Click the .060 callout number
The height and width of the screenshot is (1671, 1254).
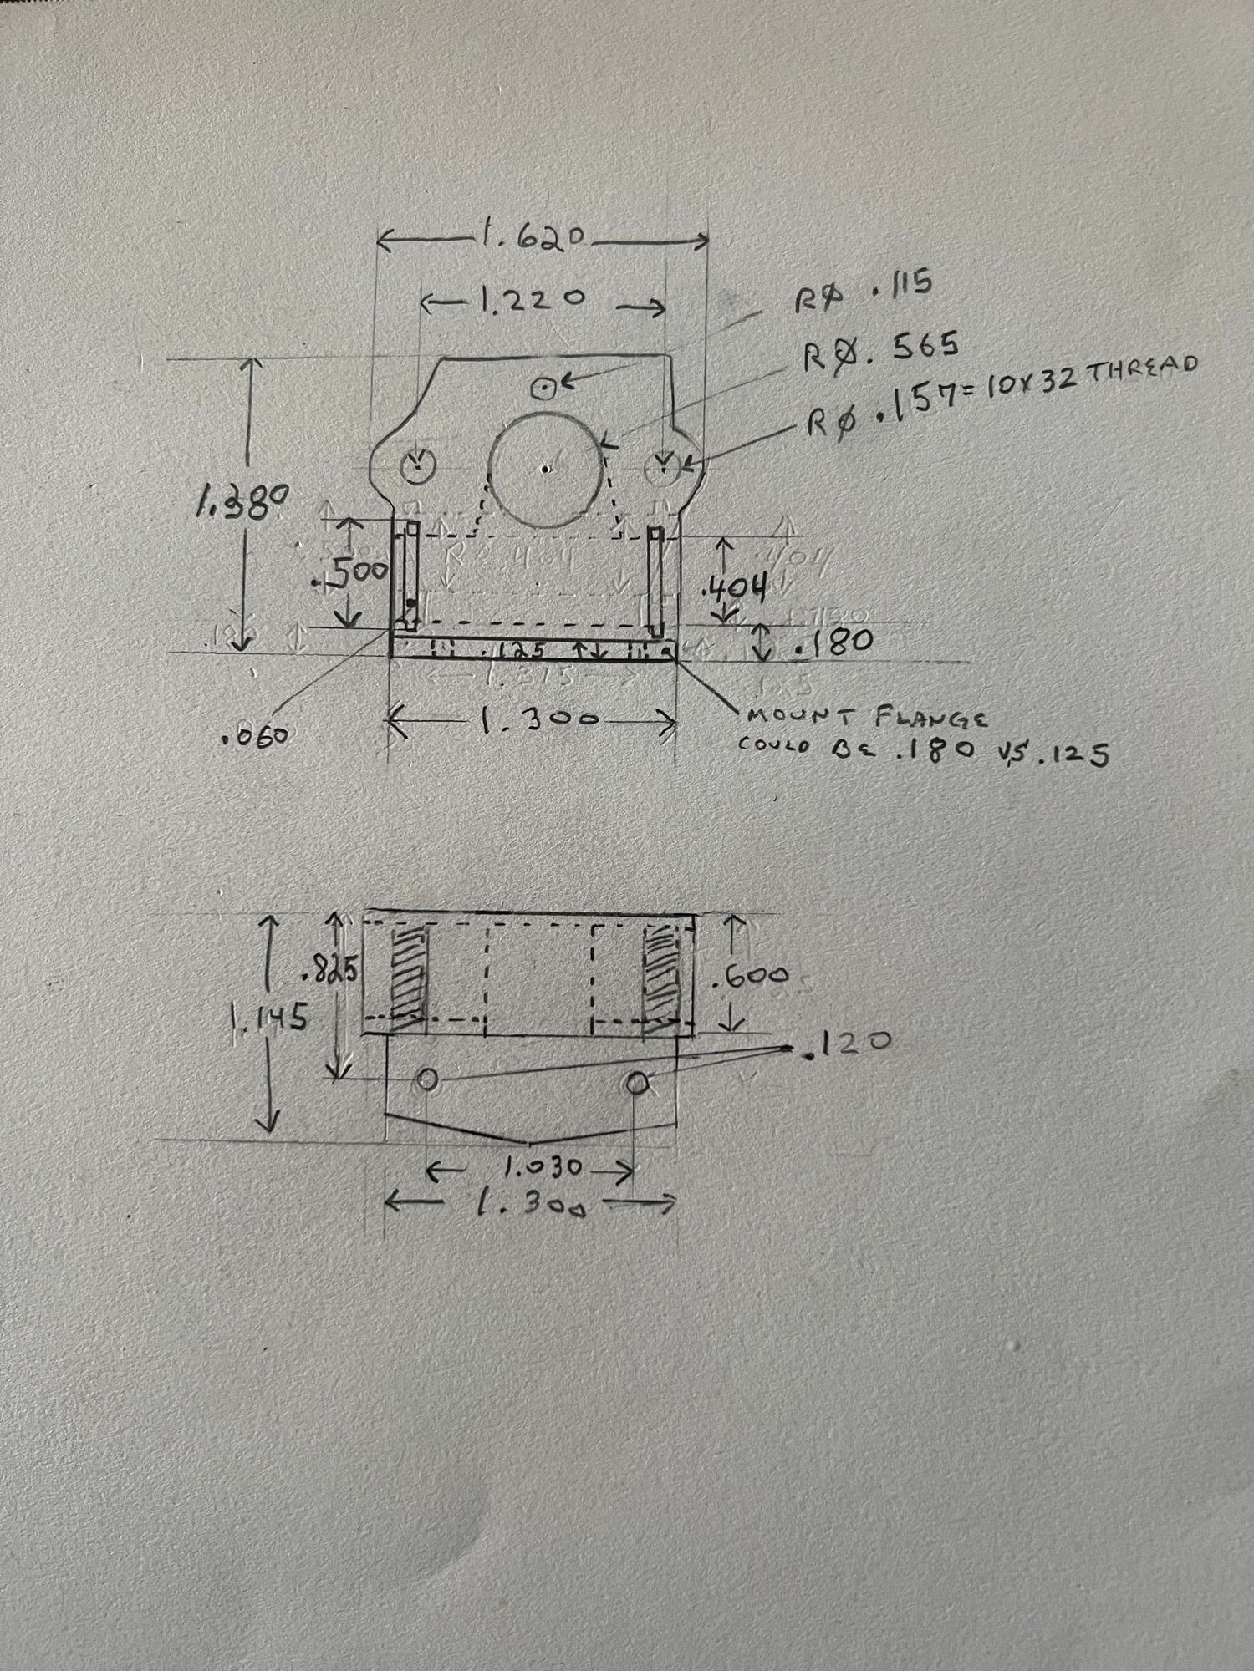(256, 736)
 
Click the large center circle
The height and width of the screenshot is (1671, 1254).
(545, 468)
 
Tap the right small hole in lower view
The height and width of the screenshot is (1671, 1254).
(636, 1083)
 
